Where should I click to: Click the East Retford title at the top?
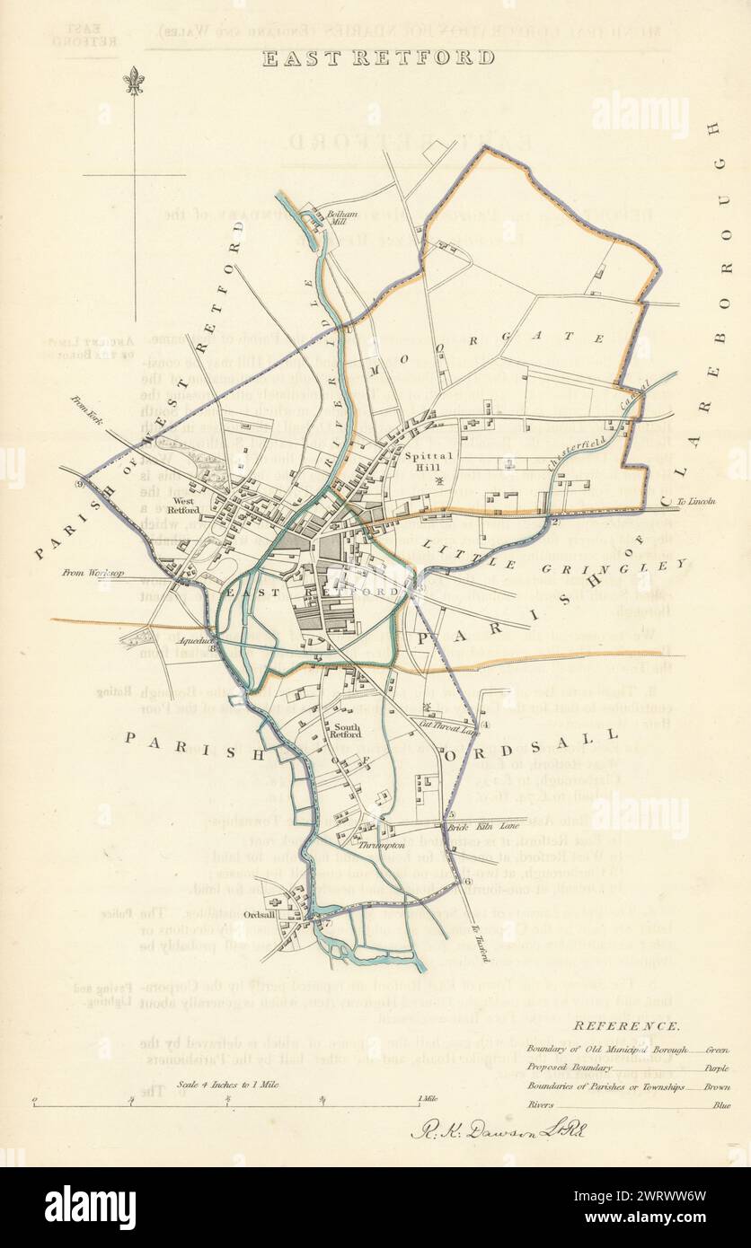click(377, 58)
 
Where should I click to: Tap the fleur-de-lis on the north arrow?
click(133, 80)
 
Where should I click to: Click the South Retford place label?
click(347, 732)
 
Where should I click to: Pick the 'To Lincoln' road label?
click(694, 501)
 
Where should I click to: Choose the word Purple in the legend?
click(716, 1068)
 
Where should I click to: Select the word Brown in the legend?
click(716, 1087)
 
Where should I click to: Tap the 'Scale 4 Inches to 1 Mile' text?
click(228, 1085)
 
